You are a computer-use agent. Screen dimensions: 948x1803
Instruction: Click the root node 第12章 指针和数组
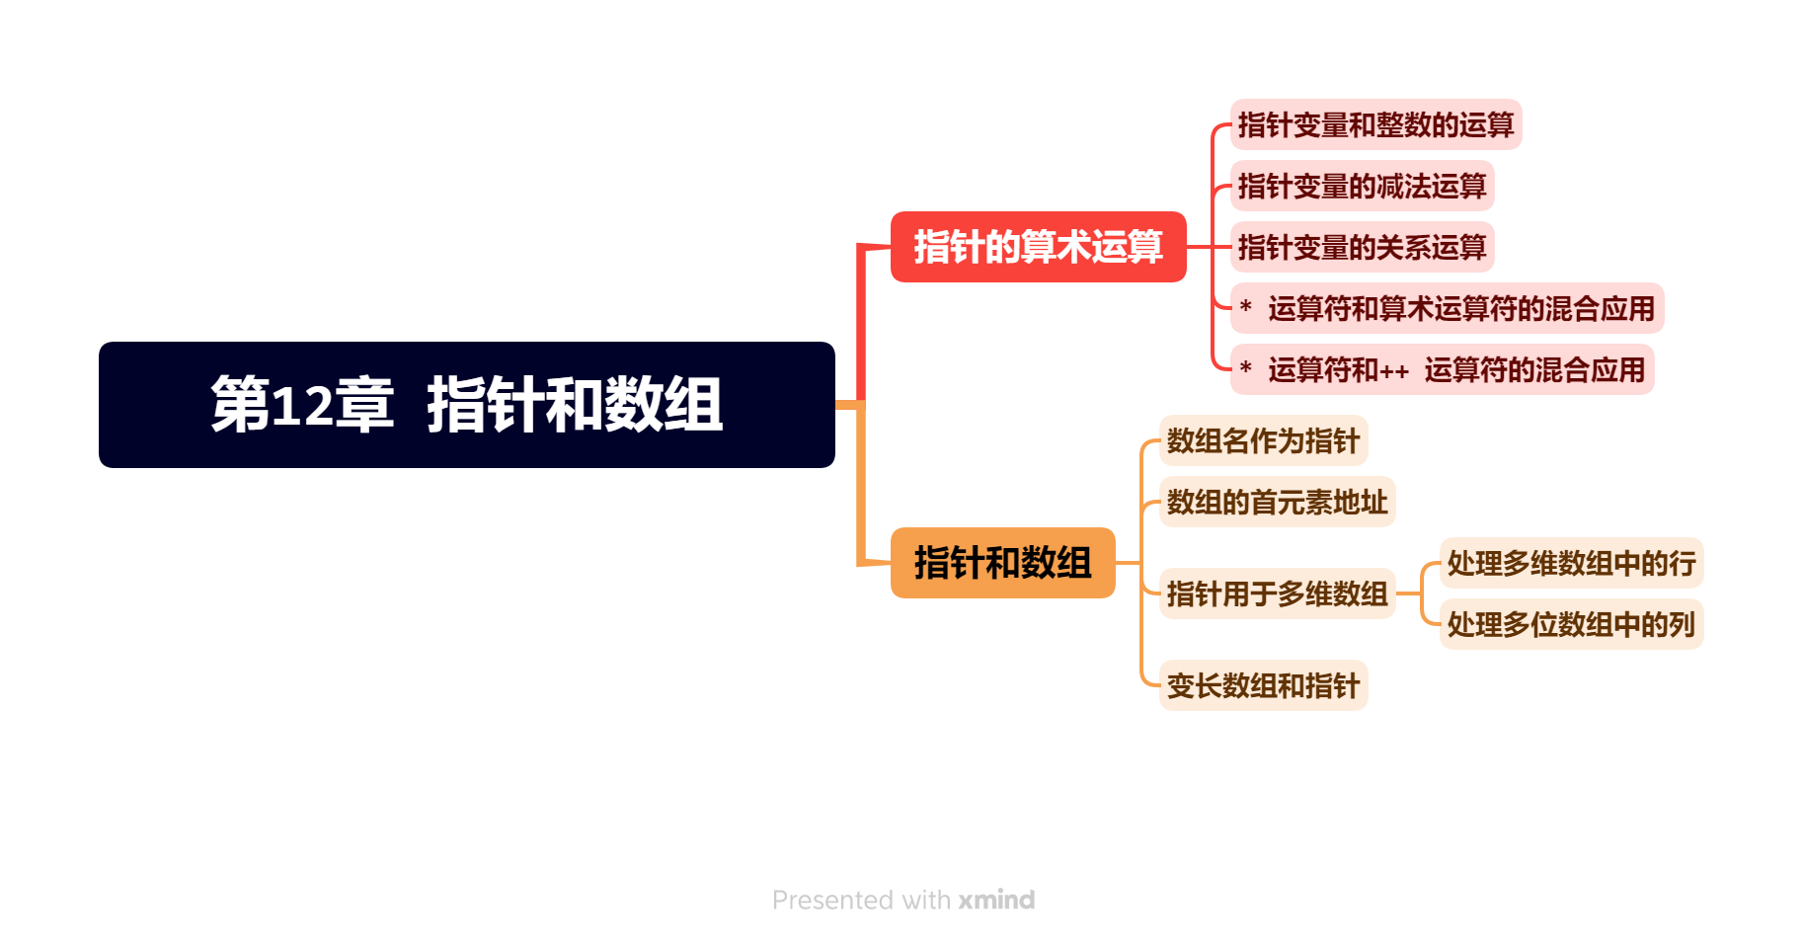(x=466, y=405)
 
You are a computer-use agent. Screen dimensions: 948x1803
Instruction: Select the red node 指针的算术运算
(x=1038, y=247)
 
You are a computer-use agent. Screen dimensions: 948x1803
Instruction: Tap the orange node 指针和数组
(x=1002, y=563)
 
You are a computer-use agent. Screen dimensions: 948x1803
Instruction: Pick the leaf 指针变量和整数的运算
(x=1375, y=125)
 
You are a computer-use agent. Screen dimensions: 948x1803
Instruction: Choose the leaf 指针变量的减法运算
(x=1362, y=187)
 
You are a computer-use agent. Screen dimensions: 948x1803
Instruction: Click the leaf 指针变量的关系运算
(x=1362, y=248)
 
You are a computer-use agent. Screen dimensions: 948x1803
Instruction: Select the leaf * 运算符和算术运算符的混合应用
(x=1447, y=309)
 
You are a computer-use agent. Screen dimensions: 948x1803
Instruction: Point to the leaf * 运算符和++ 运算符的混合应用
(x=1442, y=370)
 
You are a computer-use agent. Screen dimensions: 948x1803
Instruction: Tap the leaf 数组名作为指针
(x=1263, y=441)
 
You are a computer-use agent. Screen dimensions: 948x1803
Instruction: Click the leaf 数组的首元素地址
(x=1277, y=503)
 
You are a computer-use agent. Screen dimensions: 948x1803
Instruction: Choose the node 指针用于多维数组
(x=1277, y=594)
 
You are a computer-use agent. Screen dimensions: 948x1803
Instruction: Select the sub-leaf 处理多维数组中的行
(x=1571, y=564)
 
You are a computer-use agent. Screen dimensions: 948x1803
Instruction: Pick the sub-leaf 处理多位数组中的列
(x=1571, y=625)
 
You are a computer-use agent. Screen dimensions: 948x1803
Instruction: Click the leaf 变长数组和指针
(x=1263, y=686)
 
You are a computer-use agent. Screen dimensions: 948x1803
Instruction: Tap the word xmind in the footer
(x=996, y=901)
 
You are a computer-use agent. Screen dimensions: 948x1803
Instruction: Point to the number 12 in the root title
(x=301, y=405)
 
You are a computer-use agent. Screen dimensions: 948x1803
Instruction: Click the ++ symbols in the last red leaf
(x=1394, y=372)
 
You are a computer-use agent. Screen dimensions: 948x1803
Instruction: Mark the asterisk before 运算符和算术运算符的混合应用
(x=1246, y=307)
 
